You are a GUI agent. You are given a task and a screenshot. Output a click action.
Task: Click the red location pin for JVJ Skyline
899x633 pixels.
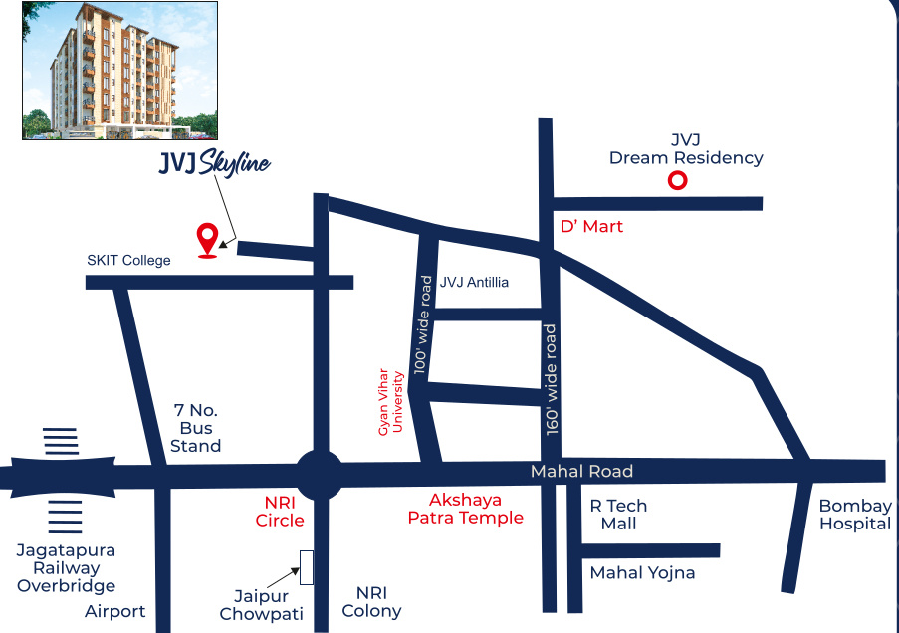[x=207, y=239]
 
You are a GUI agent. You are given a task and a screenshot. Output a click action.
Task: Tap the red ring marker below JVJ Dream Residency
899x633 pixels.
[x=677, y=181]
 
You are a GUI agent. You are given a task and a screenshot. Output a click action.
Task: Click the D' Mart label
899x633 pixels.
[x=591, y=227]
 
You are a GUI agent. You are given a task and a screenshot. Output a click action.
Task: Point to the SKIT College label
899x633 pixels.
[x=128, y=261]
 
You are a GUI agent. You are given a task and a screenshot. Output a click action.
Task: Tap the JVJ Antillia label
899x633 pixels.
[x=474, y=283]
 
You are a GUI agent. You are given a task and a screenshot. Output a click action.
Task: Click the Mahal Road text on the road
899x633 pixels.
[x=581, y=472]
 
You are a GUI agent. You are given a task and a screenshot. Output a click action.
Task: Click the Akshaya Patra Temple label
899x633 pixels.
[x=465, y=509]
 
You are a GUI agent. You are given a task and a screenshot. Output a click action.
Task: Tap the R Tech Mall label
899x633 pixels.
[x=618, y=515]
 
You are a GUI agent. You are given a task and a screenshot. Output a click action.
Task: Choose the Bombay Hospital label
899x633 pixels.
[x=854, y=515]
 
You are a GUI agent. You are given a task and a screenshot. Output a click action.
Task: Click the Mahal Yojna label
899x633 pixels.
[x=642, y=573]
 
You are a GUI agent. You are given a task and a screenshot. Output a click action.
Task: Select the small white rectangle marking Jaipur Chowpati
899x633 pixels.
[x=307, y=567]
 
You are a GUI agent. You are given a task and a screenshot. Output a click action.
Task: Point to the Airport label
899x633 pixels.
[x=115, y=611]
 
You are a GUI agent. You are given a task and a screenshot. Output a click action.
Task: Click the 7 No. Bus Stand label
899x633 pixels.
[x=195, y=428]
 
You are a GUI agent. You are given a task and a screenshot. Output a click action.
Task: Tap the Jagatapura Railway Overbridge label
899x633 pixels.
[x=66, y=568]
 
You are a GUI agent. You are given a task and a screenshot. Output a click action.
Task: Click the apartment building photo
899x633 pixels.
[x=105, y=70]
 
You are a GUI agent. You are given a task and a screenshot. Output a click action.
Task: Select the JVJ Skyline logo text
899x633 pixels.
[x=214, y=164]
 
